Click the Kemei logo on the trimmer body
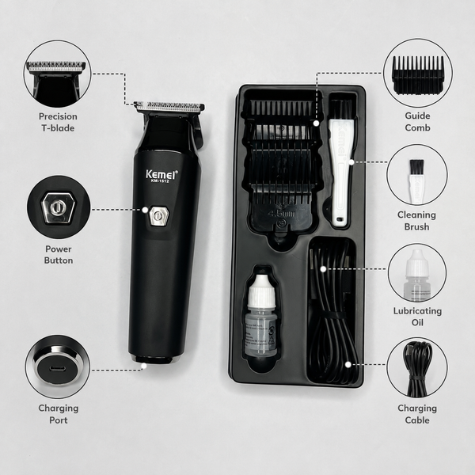tap(161, 174)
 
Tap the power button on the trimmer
tap(159, 216)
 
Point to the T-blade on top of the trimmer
tap(169, 107)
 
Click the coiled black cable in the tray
tap(332, 312)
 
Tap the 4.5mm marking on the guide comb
tap(281, 215)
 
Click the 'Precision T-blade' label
tap(58, 123)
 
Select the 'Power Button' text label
tap(59, 255)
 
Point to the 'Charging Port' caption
tap(59, 414)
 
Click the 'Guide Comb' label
tap(417, 122)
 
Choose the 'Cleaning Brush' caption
tap(416, 221)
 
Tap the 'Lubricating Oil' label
tap(417, 317)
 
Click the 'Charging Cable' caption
tap(417, 414)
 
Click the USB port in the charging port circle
tap(57, 369)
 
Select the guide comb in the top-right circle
tap(418, 74)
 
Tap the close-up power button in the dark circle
tap(58, 207)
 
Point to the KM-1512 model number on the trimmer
tap(160, 181)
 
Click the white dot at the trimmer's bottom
tap(144, 366)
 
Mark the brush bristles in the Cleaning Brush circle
tap(416, 167)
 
